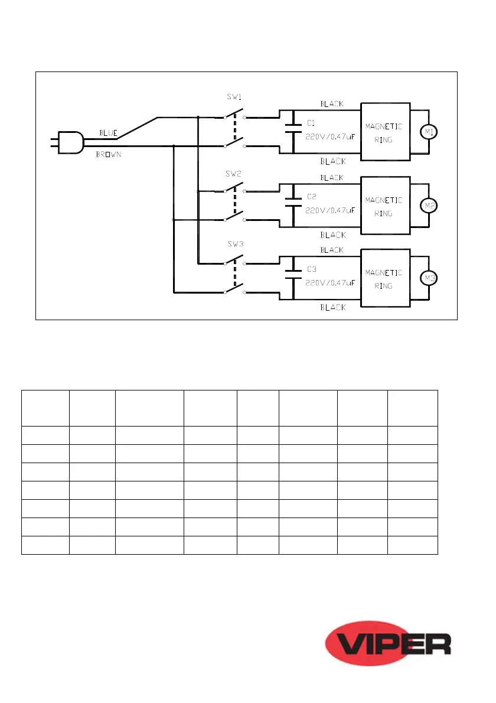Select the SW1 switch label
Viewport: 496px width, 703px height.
(x=234, y=97)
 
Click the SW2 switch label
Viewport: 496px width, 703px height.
(x=234, y=174)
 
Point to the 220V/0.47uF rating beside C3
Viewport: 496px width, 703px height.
(x=329, y=284)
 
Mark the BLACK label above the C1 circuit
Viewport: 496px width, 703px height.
(x=332, y=103)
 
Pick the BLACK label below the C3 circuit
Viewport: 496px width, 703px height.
(x=332, y=308)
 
